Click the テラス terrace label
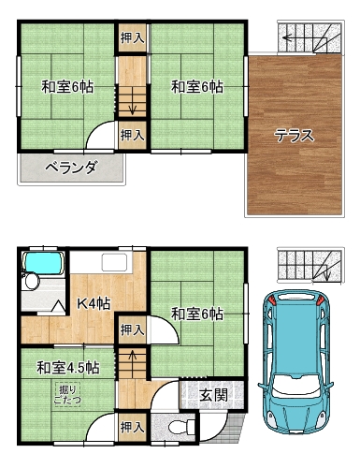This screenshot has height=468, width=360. pyautogui.click(x=294, y=136)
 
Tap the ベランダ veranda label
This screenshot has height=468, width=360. pyautogui.click(x=70, y=168)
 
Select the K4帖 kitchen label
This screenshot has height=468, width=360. pyautogui.click(x=94, y=303)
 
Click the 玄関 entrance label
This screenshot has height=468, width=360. pyautogui.click(x=214, y=396)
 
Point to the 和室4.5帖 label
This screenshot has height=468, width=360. pyautogui.click(x=68, y=368)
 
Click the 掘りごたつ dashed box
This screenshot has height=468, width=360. pyautogui.click(x=67, y=394)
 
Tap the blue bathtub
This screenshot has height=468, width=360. pyautogui.click(x=43, y=263)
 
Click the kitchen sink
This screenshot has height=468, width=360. pyautogui.click(x=114, y=263)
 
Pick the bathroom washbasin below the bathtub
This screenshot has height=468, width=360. pyautogui.click(x=32, y=281)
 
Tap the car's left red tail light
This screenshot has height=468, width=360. pyautogui.click(x=272, y=300)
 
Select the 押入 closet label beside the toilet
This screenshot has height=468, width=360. pyautogui.click(x=133, y=427)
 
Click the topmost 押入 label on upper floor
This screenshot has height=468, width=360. pyautogui.click(x=133, y=38)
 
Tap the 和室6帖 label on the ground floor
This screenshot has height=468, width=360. pyautogui.click(x=197, y=314)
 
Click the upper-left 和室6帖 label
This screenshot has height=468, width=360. pyautogui.click(x=67, y=87)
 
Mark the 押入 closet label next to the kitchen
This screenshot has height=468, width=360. pyautogui.click(x=133, y=329)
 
